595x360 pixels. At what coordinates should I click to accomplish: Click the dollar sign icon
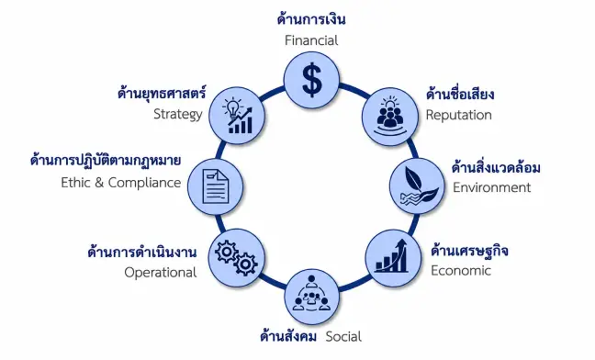tap(312, 81)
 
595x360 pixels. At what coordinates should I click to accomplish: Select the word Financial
tap(311, 40)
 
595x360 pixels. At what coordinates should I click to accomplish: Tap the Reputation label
tap(458, 116)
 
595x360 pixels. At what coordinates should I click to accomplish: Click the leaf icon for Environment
tap(419, 186)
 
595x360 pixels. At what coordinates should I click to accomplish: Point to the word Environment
tap(492, 187)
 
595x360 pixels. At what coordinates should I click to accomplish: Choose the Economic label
tap(461, 271)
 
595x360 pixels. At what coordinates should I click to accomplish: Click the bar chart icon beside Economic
tap(391, 256)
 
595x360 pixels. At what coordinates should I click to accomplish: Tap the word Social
tap(343, 336)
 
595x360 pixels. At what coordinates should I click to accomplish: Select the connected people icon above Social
tap(311, 294)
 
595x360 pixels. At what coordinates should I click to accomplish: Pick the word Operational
tap(160, 273)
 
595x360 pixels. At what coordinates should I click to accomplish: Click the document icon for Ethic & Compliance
tap(216, 186)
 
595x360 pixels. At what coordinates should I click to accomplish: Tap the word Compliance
tap(144, 183)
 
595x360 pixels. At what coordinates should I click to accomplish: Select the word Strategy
tap(177, 114)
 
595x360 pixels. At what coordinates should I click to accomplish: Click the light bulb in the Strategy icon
tap(231, 107)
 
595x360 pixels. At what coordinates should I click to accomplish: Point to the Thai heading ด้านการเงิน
tap(311, 19)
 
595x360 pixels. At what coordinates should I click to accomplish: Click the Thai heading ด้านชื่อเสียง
tap(460, 94)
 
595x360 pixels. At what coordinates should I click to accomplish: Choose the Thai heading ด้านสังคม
tap(288, 336)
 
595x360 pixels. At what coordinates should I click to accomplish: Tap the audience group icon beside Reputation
tap(390, 116)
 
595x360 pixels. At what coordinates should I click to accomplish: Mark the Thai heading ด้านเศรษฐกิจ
tap(469, 251)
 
